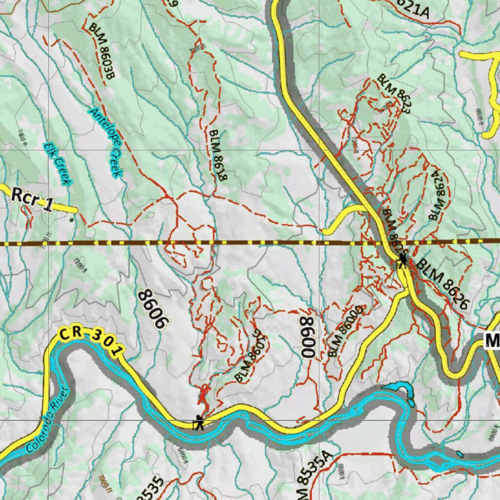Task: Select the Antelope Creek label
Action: point(106,142)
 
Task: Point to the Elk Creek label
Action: point(58,164)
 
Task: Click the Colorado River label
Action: point(47,419)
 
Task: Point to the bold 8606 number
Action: point(153,310)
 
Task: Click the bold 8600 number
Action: point(308,337)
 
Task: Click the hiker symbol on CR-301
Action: point(198,422)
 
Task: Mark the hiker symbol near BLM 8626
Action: point(402,260)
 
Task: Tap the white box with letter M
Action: point(492,340)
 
